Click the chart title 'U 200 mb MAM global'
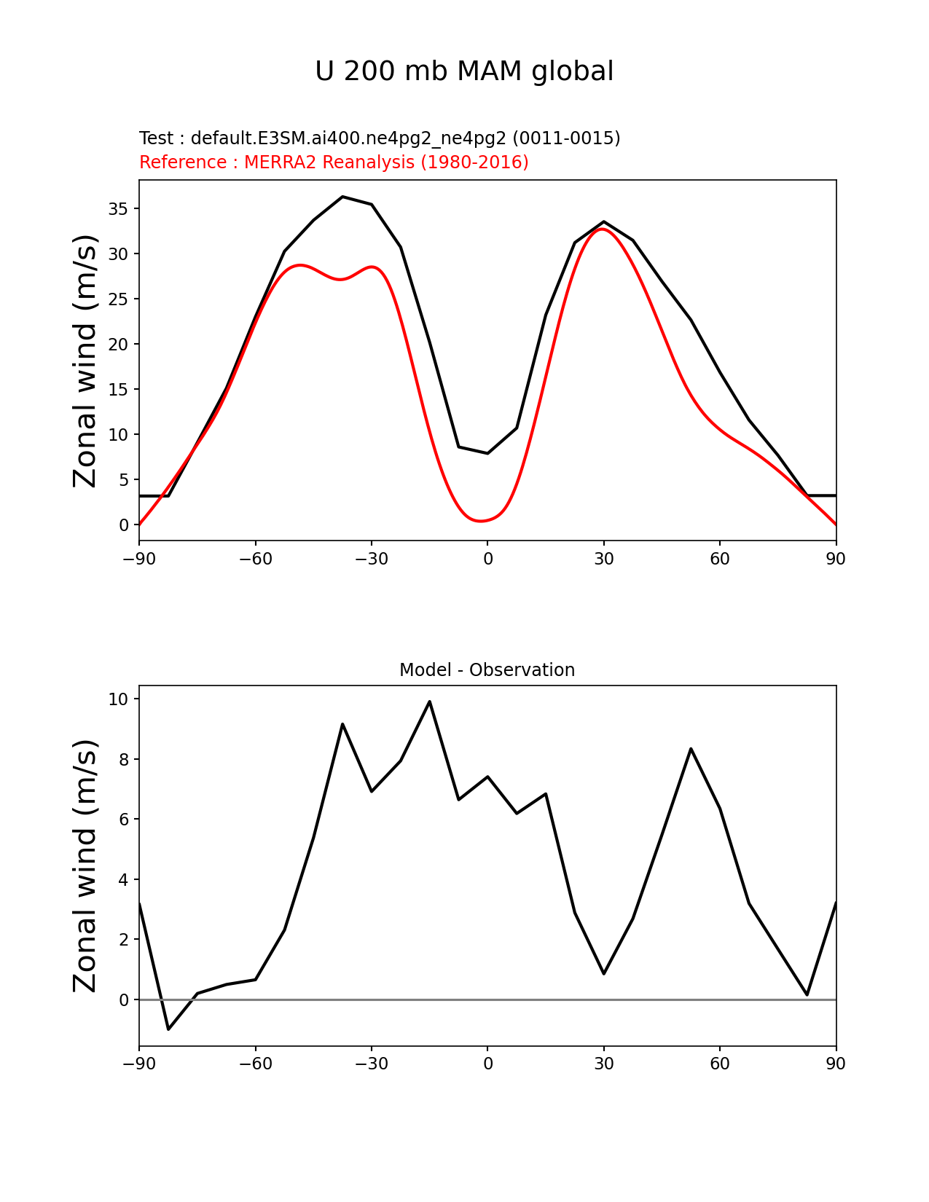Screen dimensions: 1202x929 tap(464, 71)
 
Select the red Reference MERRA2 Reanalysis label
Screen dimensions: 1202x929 tap(334, 162)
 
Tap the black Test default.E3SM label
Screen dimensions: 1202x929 tap(380, 138)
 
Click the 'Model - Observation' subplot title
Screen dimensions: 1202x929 tap(487, 669)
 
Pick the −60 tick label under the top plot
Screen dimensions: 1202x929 tap(255, 559)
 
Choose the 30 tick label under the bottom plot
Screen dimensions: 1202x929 tap(603, 1064)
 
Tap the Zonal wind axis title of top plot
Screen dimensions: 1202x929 tap(85, 361)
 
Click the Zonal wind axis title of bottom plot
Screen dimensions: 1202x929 tap(85, 865)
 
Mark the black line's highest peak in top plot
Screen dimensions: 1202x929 tap(342, 197)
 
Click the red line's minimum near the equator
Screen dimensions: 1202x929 tap(480, 521)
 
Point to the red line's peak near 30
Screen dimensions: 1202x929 tap(603, 229)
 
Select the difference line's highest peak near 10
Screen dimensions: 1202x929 tap(429, 702)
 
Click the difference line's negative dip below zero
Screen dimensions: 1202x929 tap(168, 1029)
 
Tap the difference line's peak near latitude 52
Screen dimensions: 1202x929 tap(691, 749)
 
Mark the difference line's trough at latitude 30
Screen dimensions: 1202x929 tap(604, 973)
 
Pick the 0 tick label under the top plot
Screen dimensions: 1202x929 tap(487, 559)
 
